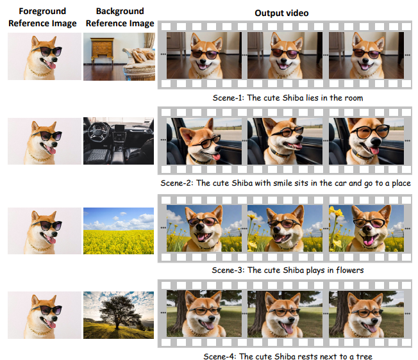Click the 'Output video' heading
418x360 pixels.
click(x=281, y=13)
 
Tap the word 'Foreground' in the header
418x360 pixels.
click(x=42, y=11)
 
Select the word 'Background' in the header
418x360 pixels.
click(x=120, y=11)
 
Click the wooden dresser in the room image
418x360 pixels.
click(x=103, y=51)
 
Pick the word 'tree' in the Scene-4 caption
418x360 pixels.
click(x=364, y=356)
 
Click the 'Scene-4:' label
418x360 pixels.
click(x=220, y=356)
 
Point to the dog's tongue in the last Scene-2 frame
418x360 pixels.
click(x=375, y=151)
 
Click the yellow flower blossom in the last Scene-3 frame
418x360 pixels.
click(x=336, y=211)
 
